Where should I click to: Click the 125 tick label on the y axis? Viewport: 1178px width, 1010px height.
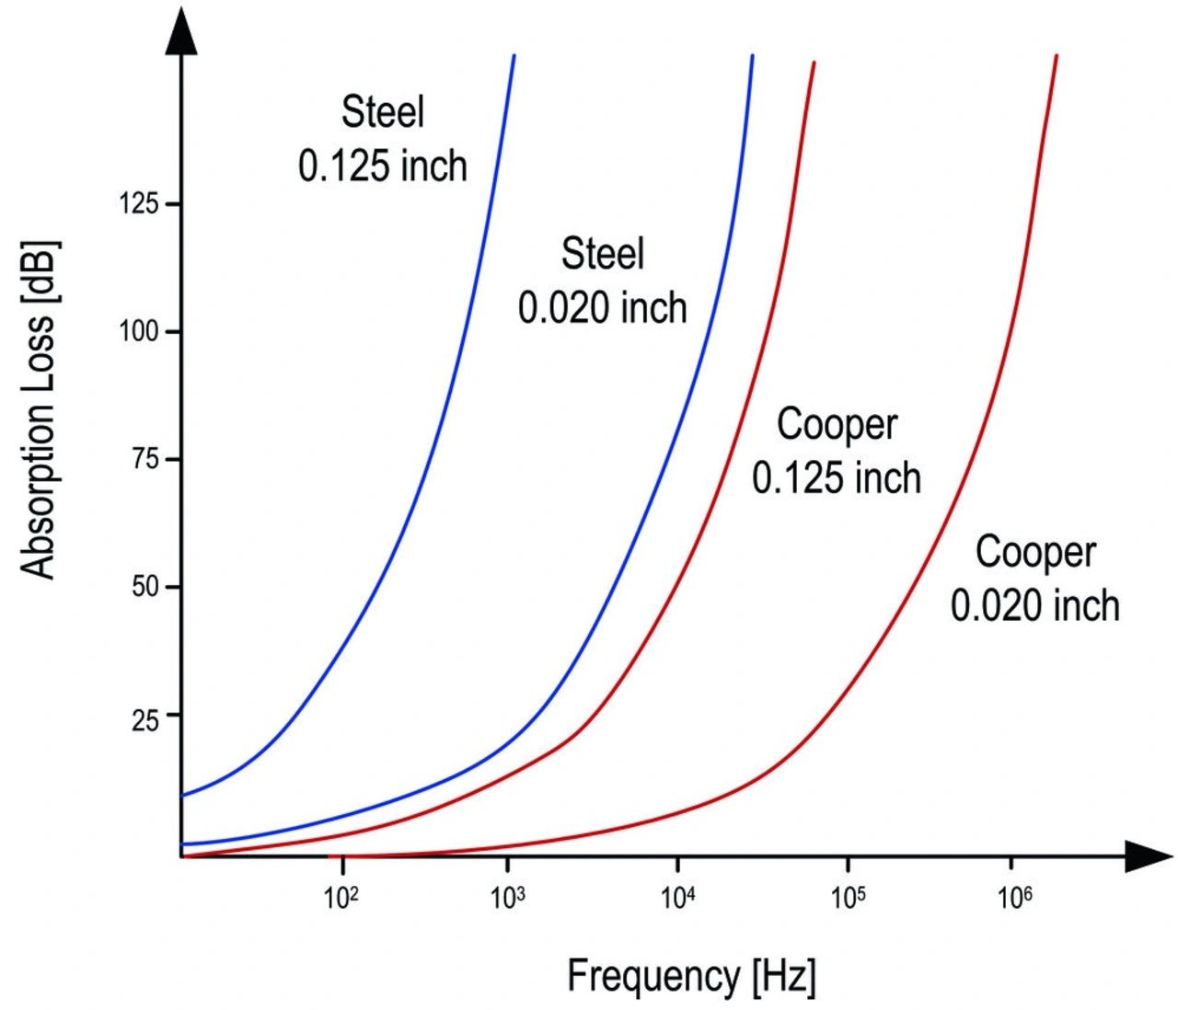(139, 203)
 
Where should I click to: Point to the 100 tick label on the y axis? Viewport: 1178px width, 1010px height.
(139, 331)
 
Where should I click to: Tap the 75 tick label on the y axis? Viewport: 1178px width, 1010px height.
(145, 459)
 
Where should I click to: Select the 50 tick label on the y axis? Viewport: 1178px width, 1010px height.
(145, 587)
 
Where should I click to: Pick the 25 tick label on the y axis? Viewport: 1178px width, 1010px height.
(145, 720)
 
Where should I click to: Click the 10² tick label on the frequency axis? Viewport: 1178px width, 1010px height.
(341, 897)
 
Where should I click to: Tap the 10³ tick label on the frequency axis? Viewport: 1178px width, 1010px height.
(508, 897)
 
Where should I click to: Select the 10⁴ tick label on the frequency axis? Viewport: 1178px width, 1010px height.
(677, 897)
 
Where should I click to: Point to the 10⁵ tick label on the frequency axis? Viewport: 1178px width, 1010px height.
(848, 897)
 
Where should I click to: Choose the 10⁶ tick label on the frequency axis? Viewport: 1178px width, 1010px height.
(1014, 897)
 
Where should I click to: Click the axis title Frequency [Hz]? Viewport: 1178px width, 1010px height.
(691, 976)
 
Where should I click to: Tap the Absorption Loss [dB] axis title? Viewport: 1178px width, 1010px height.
(40, 409)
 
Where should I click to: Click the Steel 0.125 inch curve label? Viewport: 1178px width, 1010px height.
(383, 139)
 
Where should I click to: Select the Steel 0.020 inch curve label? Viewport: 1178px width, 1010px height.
(603, 281)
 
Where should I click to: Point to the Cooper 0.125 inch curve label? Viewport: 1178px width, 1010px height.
(837, 451)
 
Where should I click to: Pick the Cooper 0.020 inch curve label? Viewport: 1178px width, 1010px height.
(1035, 579)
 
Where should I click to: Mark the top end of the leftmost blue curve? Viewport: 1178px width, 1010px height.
(514, 57)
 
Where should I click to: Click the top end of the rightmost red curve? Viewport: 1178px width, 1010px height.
(1057, 57)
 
